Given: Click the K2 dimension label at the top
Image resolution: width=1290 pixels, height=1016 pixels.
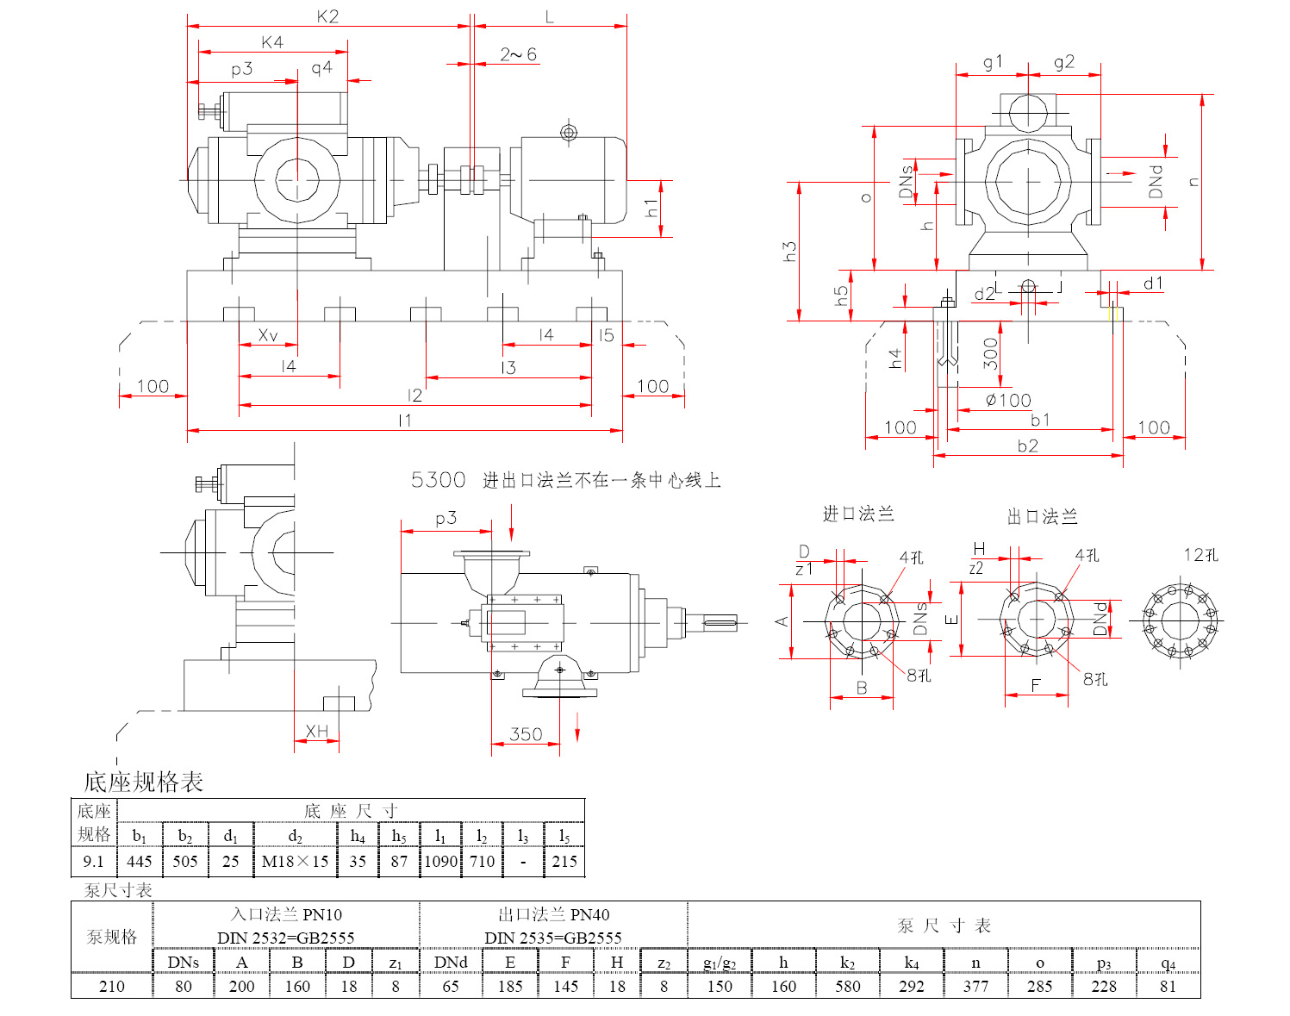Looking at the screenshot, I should tap(327, 16).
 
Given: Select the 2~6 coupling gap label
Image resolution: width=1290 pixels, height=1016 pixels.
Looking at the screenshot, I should tap(518, 54).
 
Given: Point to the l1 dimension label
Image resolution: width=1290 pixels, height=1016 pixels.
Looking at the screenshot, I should tap(405, 421).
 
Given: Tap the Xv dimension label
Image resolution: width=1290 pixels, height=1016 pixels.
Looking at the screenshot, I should tap(268, 335).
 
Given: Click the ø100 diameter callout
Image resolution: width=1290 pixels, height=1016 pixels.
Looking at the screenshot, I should tap(1008, 400).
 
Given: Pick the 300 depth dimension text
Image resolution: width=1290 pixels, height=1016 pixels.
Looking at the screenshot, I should tap(991, 353).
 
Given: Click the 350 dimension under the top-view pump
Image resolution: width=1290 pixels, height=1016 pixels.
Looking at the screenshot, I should tap(526, 734).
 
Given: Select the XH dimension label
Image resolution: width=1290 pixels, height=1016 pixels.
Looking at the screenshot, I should tap(316, 732).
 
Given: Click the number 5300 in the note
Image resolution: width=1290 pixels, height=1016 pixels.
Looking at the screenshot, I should tap(438, 480).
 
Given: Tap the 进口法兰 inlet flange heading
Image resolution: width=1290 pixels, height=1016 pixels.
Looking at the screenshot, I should tap(858, 514).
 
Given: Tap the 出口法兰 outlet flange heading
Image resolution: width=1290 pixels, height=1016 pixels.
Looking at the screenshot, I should tap(1043, 516).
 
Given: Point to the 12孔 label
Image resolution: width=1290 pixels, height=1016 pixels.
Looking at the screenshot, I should tap(1200, 555).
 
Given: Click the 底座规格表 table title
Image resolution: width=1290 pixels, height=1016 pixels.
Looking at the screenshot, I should tap(143, 782).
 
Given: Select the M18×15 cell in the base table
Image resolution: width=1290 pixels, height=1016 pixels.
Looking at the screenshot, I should tap(295, 861).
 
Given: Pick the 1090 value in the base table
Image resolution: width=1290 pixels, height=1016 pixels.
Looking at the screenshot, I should tap(440, 861).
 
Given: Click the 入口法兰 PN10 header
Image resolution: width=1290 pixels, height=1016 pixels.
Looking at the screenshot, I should tap(286, 914).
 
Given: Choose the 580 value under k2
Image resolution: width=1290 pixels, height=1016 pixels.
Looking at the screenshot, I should tap(847, 986).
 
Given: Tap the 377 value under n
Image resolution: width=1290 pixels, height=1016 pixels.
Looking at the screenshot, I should tap(975, 986).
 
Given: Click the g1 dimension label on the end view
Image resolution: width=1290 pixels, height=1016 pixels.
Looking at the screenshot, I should tap(993, 62).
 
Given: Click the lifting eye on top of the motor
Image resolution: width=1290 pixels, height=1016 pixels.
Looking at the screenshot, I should tap(568, 132).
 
